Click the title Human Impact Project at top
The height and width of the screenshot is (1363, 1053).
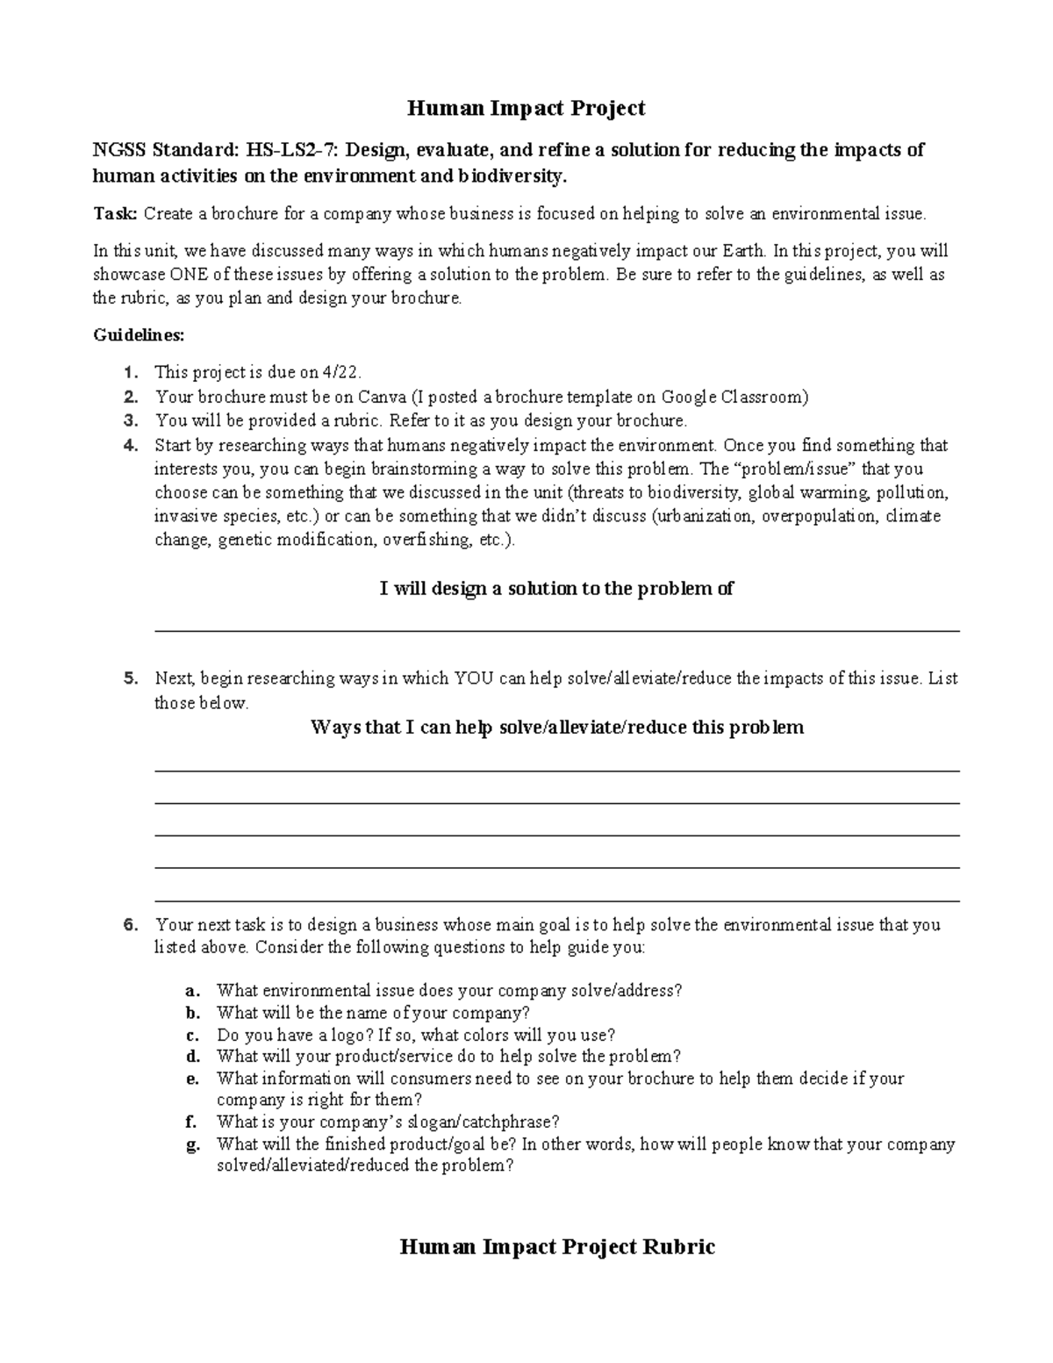[526, 108]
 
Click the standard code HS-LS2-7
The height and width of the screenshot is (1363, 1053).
[299, 150]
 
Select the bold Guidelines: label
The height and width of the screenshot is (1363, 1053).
[139, 335]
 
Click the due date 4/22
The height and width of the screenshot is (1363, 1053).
[342, 372]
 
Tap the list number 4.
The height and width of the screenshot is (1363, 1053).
[131, 445]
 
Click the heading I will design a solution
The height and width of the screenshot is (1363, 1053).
[556, 589]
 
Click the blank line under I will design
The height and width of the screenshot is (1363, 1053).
[556, 629]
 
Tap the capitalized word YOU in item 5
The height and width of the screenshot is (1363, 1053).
[475, 678]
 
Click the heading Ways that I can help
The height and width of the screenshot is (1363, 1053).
[556, 728]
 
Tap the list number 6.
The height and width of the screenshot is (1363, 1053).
[131, 924]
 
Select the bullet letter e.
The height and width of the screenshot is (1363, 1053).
[192, 1079]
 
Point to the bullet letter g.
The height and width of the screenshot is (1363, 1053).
[192, 1144]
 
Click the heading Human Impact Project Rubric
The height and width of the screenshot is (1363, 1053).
[557, 1247]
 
